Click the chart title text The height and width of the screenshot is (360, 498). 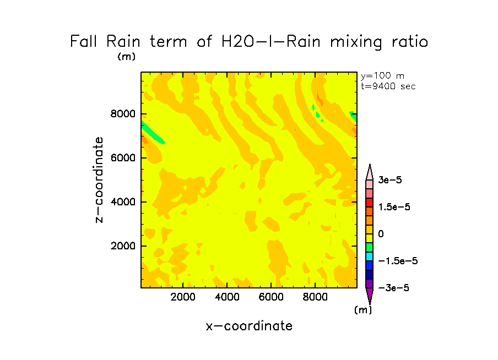point(249,42)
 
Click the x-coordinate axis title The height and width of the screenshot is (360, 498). point(249,326)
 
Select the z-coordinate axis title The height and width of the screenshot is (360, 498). point(100,180)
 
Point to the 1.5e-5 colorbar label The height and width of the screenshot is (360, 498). point(394,207)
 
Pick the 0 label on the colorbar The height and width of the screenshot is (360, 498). point(381,234)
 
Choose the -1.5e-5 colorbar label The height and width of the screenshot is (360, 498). point(397,261)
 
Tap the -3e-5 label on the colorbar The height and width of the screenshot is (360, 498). point(393,288)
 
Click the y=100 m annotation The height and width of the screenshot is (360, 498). point(382,76)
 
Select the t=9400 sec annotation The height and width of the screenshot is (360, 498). point(388,86)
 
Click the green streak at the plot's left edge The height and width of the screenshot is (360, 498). point(153,133)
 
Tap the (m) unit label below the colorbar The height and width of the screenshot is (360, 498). point(362,310)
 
